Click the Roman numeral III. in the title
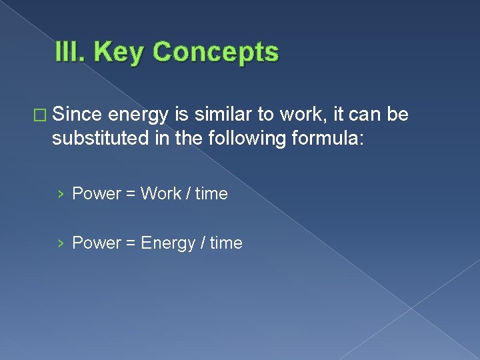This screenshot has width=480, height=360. pyautogui.click(x=71, y=52)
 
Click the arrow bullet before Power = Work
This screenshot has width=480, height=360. pyautogui.click(x=61, y=194)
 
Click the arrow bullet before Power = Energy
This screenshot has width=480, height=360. pyautogui.click(x=61, y=243)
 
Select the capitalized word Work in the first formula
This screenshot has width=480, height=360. pyautogui.click(x=161, y=194)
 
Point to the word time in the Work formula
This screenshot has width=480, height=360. pyautogui.click(x=211, y=194)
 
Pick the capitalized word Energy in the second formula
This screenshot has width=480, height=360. pyautogui.click(x=168, y=243)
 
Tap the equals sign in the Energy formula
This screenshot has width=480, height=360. pyautogui.click(x=129, y=243)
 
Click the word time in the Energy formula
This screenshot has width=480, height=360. pyautogui.click(x=226, y=243)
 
